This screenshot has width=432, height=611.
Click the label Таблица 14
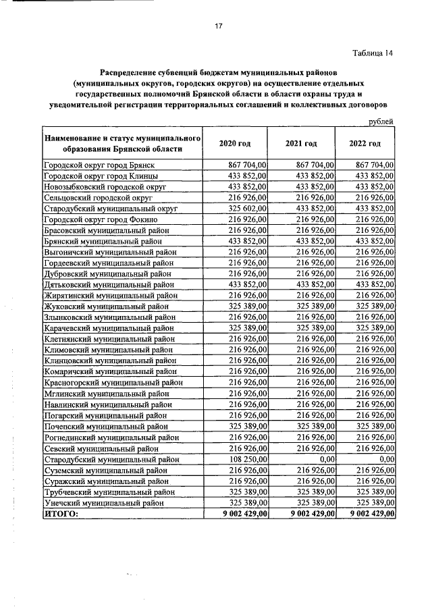tap(372, 53)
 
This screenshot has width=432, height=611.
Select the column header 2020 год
tap(235, 144)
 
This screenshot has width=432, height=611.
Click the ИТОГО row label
tap(61, 514)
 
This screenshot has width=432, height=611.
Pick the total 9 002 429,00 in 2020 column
tap(238, 514)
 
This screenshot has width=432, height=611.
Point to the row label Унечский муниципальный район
tap(103, 502)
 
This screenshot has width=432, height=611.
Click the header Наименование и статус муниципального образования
tap(122, 144)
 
